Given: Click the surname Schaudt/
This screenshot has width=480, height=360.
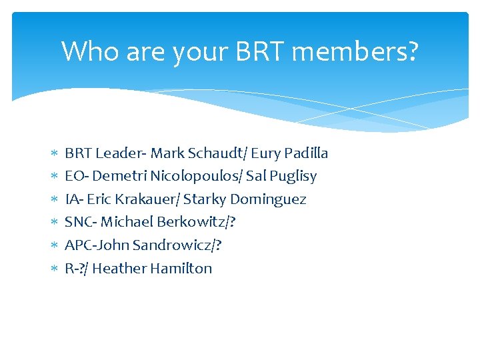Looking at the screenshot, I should point(217,153).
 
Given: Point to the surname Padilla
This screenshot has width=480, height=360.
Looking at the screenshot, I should point(306,153).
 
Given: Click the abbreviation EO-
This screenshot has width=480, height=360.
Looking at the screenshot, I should point(77,177).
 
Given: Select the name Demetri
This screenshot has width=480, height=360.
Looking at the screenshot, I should point(119,177).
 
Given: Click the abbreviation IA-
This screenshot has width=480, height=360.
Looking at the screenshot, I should point(74,199).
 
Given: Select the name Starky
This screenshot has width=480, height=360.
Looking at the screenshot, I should point(205,199).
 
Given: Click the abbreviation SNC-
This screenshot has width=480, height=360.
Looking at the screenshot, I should point(81,222).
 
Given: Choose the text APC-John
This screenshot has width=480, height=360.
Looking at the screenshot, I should point(97,245).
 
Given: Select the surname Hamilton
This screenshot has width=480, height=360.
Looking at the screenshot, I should point(181,269).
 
